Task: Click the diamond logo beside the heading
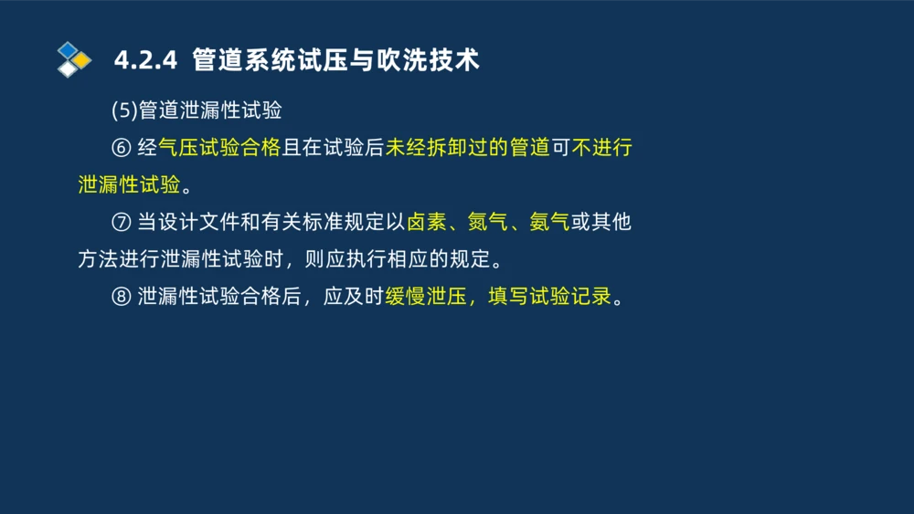click(74, 59)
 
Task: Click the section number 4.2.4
click(144, 60)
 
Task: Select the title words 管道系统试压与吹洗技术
click(335, 60)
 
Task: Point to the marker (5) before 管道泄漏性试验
click(123, 111)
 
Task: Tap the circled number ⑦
click(122, 223)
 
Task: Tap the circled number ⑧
click(122, 298)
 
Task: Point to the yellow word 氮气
click(488, 223)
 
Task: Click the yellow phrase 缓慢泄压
click(427, 298)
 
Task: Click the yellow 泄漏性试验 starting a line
click(129, 185)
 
